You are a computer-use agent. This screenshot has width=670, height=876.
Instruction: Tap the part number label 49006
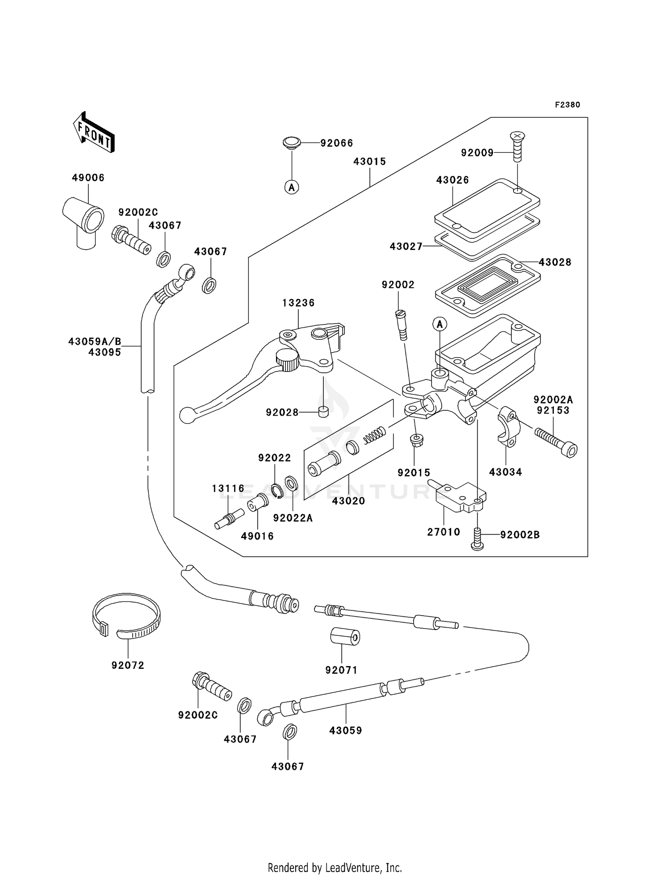pos(88,178)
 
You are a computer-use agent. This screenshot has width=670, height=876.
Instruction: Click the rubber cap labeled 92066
pos(291,143)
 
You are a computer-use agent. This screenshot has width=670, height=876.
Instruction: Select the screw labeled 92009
pos(517,146)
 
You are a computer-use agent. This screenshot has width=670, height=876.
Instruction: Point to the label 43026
pos(452,180)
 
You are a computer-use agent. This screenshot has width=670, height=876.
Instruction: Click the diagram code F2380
pos(567,105)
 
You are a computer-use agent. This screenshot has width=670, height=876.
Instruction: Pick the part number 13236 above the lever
pos(298,303)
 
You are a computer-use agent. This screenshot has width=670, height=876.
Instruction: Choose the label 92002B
pos(520,534)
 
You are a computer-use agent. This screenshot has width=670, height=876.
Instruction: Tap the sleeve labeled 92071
pos(345,637)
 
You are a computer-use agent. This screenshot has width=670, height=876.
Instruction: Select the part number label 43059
pos(345,730)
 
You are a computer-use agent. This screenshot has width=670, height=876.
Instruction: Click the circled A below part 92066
pos(292,188)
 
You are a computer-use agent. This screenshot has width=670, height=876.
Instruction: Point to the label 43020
pos(348,501)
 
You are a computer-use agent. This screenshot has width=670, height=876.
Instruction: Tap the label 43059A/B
pos(95,342)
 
